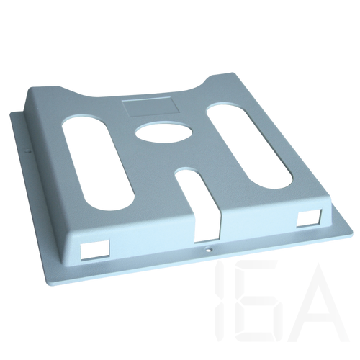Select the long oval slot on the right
coord(250,147)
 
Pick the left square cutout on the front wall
coord(94,250)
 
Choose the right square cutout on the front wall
coord(309,218)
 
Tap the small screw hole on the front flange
coord(208,249)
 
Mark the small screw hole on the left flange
coord(28,151)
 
